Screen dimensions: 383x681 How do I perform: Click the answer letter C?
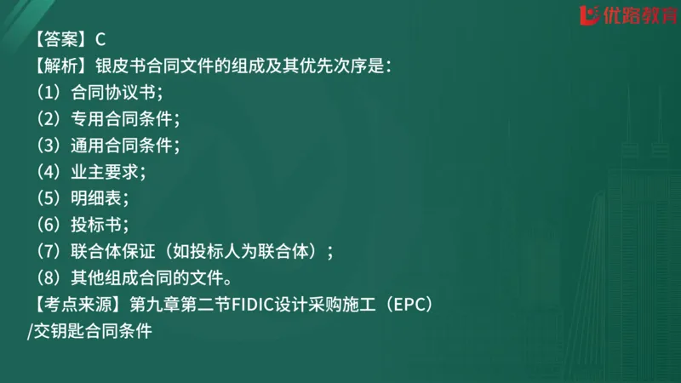point(100,38)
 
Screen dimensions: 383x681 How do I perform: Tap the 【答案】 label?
point(60,38)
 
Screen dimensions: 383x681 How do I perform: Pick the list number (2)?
point(47,118)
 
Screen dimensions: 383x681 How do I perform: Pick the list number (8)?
point(47,277)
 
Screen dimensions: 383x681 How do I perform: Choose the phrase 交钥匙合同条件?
point(92,330)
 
